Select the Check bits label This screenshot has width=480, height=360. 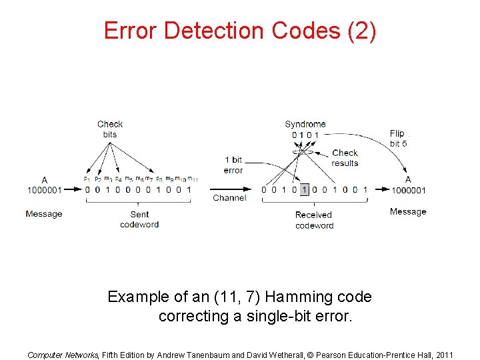pos(110,129)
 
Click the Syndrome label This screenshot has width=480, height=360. pos(305,124)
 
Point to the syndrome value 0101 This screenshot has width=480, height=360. pos(305,135)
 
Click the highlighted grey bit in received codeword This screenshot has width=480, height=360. pos(305,189)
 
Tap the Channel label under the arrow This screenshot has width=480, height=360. pos(229,198)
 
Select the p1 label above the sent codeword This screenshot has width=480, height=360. pos(87,179)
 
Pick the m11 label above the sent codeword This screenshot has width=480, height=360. pos(193,179)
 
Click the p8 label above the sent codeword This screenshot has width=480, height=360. pos(159,179)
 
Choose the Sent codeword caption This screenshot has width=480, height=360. pos(139,219)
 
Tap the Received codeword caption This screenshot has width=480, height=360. pos(314,220)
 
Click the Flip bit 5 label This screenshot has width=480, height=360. pos(398,138)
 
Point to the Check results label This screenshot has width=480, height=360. pos(345,158)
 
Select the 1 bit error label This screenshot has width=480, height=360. pos(233,165)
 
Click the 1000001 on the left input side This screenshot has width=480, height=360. pos(45,190)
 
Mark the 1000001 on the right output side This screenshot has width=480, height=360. pos(408,190)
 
